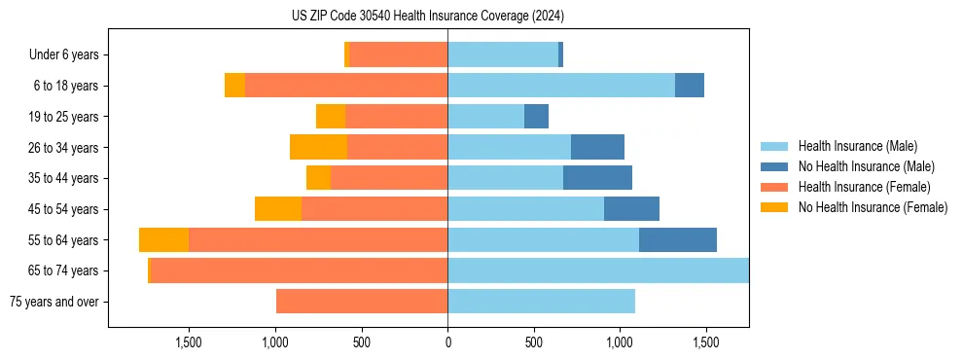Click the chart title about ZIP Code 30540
coord(428,17)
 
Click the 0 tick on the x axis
coord(447,342)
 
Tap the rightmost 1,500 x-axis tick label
coord(705,342)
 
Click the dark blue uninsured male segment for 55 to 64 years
coord(678,240)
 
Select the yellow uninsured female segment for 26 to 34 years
coord(318,148)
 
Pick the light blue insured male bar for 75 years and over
coord(541,302)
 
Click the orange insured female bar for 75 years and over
coord(362,302)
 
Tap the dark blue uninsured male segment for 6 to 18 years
coord(690,86)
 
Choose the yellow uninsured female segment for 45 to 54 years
coord(278,209)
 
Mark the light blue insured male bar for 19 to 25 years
coord(485,117)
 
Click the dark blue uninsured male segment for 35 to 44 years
coord(597,178)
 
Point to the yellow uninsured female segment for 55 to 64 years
coord(163,240)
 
